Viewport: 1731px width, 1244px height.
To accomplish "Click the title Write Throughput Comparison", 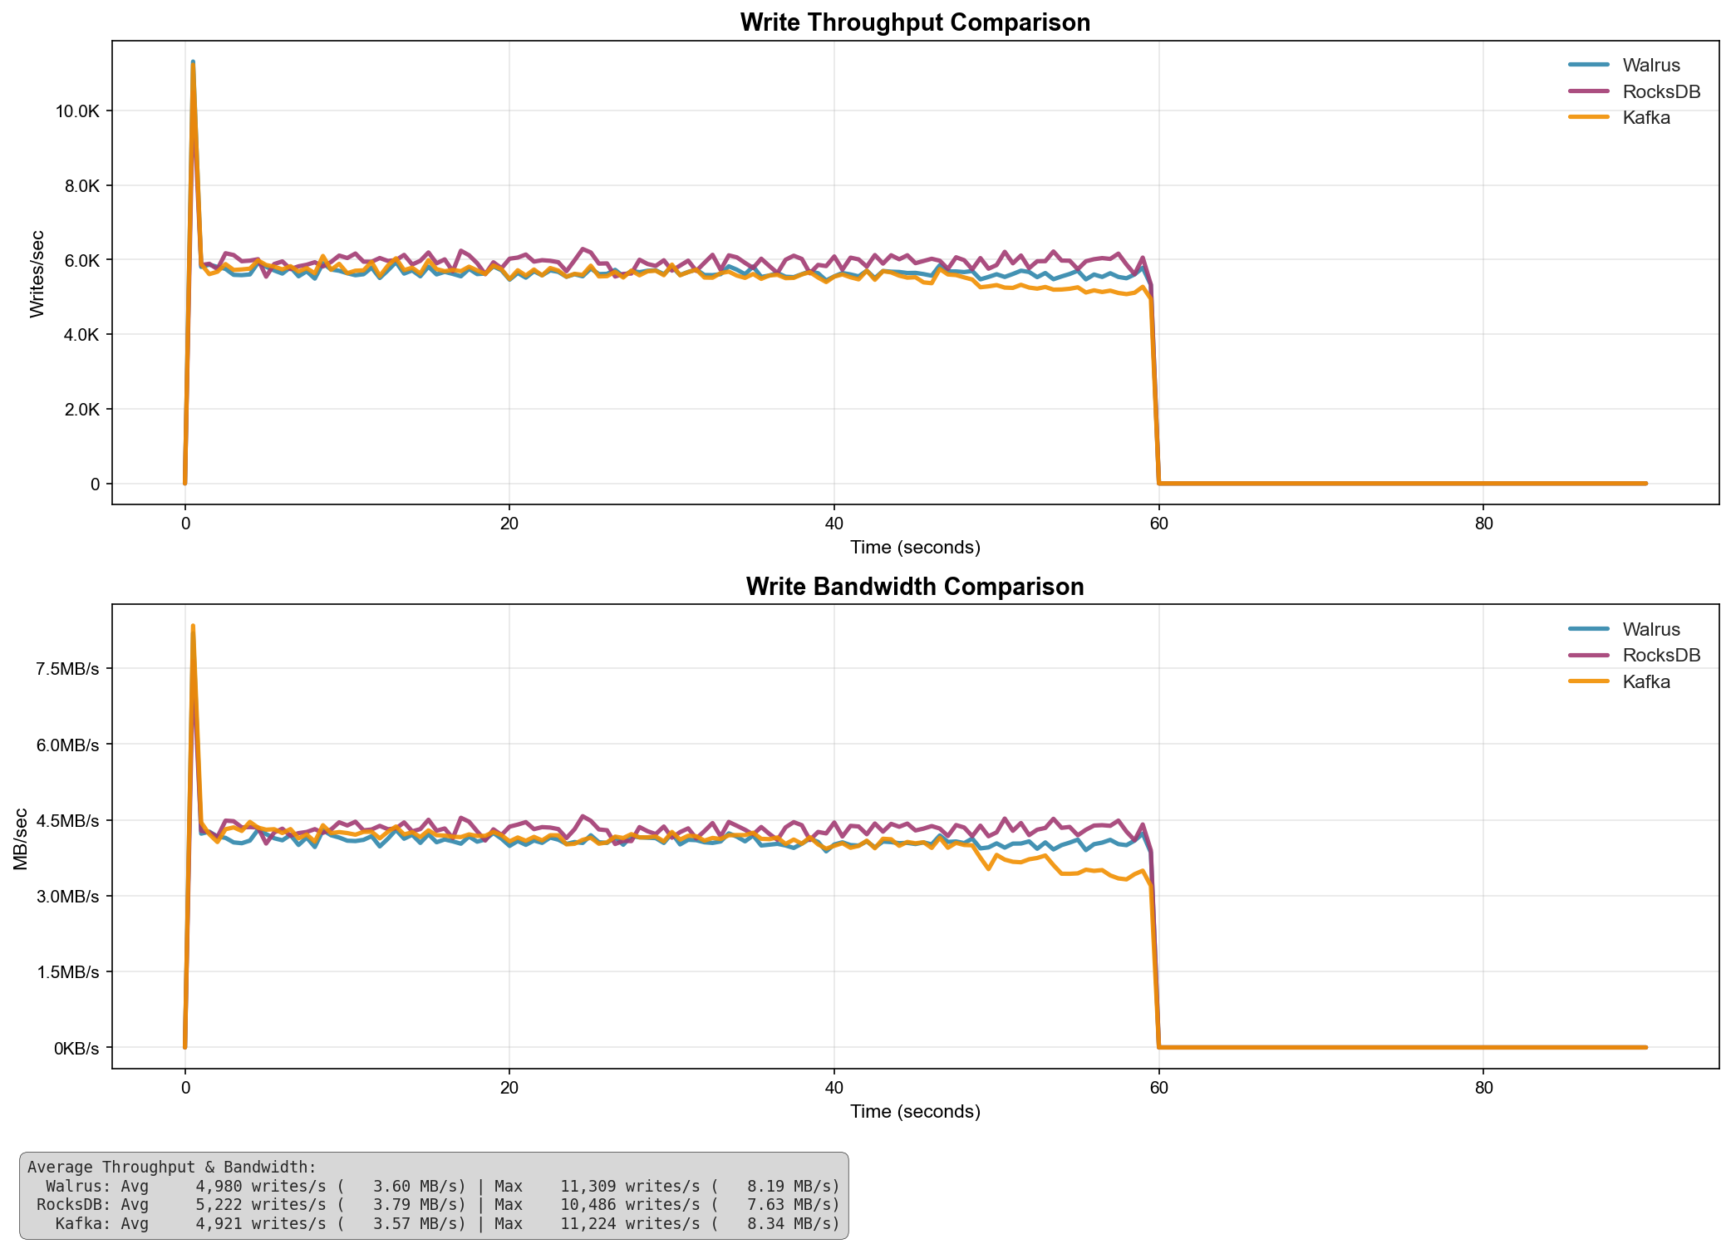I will [915, 22].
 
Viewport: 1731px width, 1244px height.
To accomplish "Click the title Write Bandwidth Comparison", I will [915, 587].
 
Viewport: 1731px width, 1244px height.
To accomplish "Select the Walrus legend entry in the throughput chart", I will [1650, 65].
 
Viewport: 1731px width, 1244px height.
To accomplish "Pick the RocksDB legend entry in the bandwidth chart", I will [1660, 655].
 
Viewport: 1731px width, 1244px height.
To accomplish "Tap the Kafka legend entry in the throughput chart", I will [1645, 117].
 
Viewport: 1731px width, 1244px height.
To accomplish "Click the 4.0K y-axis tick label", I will [79, 335].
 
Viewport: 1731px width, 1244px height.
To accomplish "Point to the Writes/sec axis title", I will [37, 273].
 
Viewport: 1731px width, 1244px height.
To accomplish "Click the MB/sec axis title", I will [21, 838].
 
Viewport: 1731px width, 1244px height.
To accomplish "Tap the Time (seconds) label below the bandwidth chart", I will [915, 1111].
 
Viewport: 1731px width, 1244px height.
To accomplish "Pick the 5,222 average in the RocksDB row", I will [219, 1204].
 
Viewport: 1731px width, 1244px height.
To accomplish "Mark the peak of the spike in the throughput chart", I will [193, 62].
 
